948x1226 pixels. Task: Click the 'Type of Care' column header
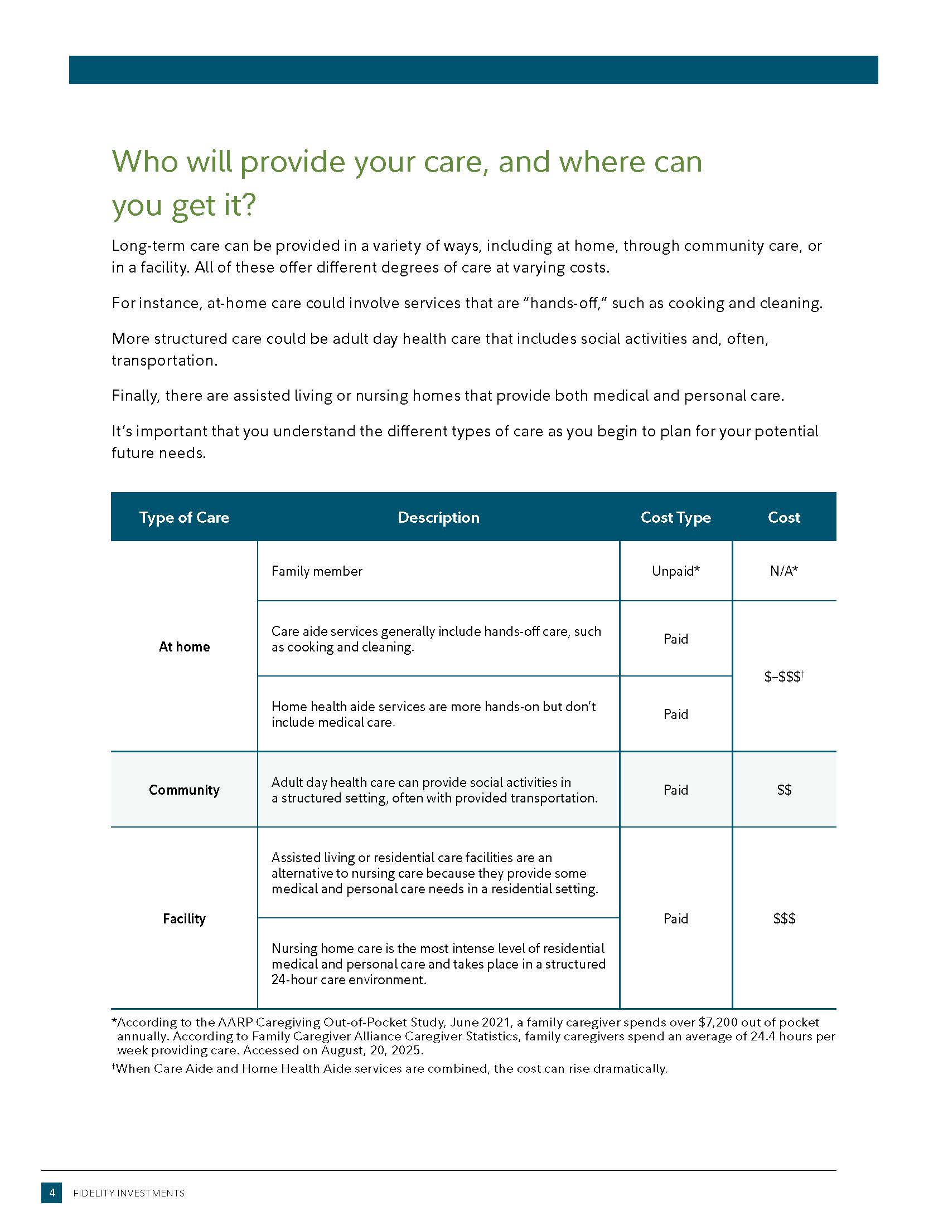pyautogui.click(x=184, y=517)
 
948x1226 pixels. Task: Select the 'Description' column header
pyautogui.click(x=438, y=517)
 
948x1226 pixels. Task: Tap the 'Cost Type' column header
pyautogui.click(x=676, y=517)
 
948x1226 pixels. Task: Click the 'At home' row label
pyautogui.click(x=184, y=646)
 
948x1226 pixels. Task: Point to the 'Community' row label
pyautogui.click(x=184, y=790)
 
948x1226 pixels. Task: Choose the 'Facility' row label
pyautogui.click(x=184, y=918)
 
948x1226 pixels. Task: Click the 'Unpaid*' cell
pyautogui.click(x=676, y=571)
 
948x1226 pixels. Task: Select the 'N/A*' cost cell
pyautogui.click(x=784, y=571)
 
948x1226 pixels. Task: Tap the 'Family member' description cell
pyautogui.click(x=317, y=571)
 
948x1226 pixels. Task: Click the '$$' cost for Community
pyautogui.click(x=784, y=790)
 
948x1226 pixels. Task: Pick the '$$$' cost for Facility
pyautogui.click(x=784, y=918)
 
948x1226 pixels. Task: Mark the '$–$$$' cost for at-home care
pyautogui.click(x=783, y=677)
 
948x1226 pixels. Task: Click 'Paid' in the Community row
pyautogui.click(x=676, y=790)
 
